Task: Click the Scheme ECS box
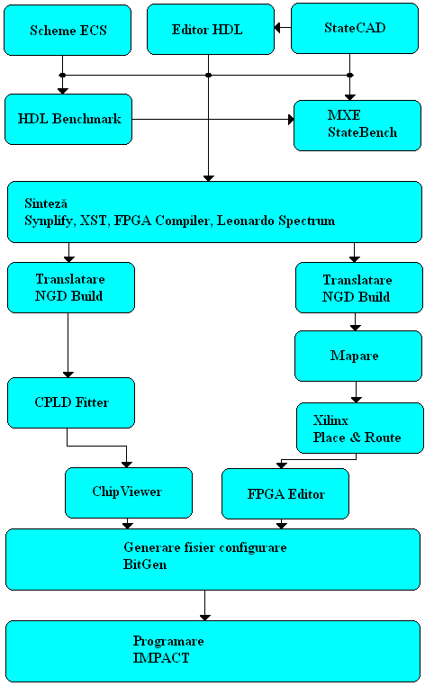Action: (x=68, y=31)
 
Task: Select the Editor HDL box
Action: (x=211, y=30)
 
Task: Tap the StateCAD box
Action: (x=355, y=29)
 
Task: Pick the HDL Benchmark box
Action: (x=68, y=119)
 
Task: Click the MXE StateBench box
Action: (x=357, y=125)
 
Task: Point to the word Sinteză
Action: (x=46, y=203)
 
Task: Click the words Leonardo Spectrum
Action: (x=276, y=221)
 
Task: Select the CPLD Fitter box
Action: (x=71, y=402)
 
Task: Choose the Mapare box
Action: (x=358, y=356)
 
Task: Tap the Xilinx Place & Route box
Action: (x=360, y=428)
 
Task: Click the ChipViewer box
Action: (x=129, y=492)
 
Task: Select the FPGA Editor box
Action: (x=285, y=494)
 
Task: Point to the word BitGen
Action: (x=145, y=564)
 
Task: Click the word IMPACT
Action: (x=161, y=658)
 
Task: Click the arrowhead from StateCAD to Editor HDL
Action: (x=277, y=28)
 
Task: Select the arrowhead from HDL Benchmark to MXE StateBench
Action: (x=291, y=119)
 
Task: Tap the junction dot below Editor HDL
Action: (x=208, y=76)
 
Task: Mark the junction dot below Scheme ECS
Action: (x=63, y=76)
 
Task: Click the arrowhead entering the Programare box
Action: (x=204, y=618)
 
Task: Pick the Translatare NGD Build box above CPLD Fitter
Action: (x=71, y=287)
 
